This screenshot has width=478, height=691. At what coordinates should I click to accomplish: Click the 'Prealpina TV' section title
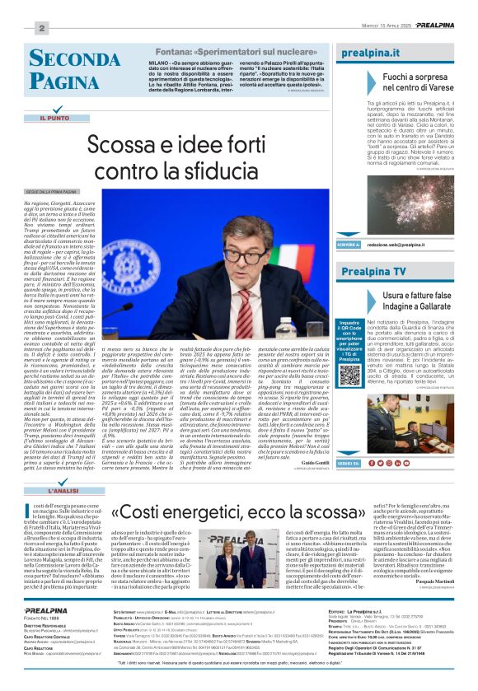tap(373, 271)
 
